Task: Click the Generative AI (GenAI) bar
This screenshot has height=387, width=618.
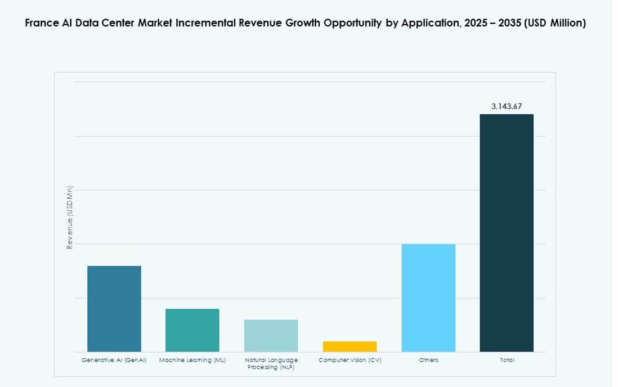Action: click(114, 309)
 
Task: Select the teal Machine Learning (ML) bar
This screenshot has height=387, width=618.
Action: click(192, 330)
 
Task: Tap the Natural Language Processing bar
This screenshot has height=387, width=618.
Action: click(271, 336)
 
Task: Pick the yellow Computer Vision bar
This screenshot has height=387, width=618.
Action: click(350, 346)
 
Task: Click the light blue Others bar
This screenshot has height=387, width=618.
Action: click(428, 298)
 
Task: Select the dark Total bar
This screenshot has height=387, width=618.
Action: click(507, 233)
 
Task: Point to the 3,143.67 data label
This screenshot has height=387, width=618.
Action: click(507, 106)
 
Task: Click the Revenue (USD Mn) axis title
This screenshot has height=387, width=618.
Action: click(70, 217)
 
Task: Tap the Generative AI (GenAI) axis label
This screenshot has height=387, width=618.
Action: click(114, 360)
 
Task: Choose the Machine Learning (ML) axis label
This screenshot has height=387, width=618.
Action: click(192, 360)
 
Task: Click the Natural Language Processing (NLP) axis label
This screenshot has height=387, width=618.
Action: click(271, 363)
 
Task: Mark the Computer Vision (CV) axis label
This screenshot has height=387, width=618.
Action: click(350, 360)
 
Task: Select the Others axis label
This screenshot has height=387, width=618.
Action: click(428, 360)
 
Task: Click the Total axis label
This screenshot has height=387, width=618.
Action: click(507, 360)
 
